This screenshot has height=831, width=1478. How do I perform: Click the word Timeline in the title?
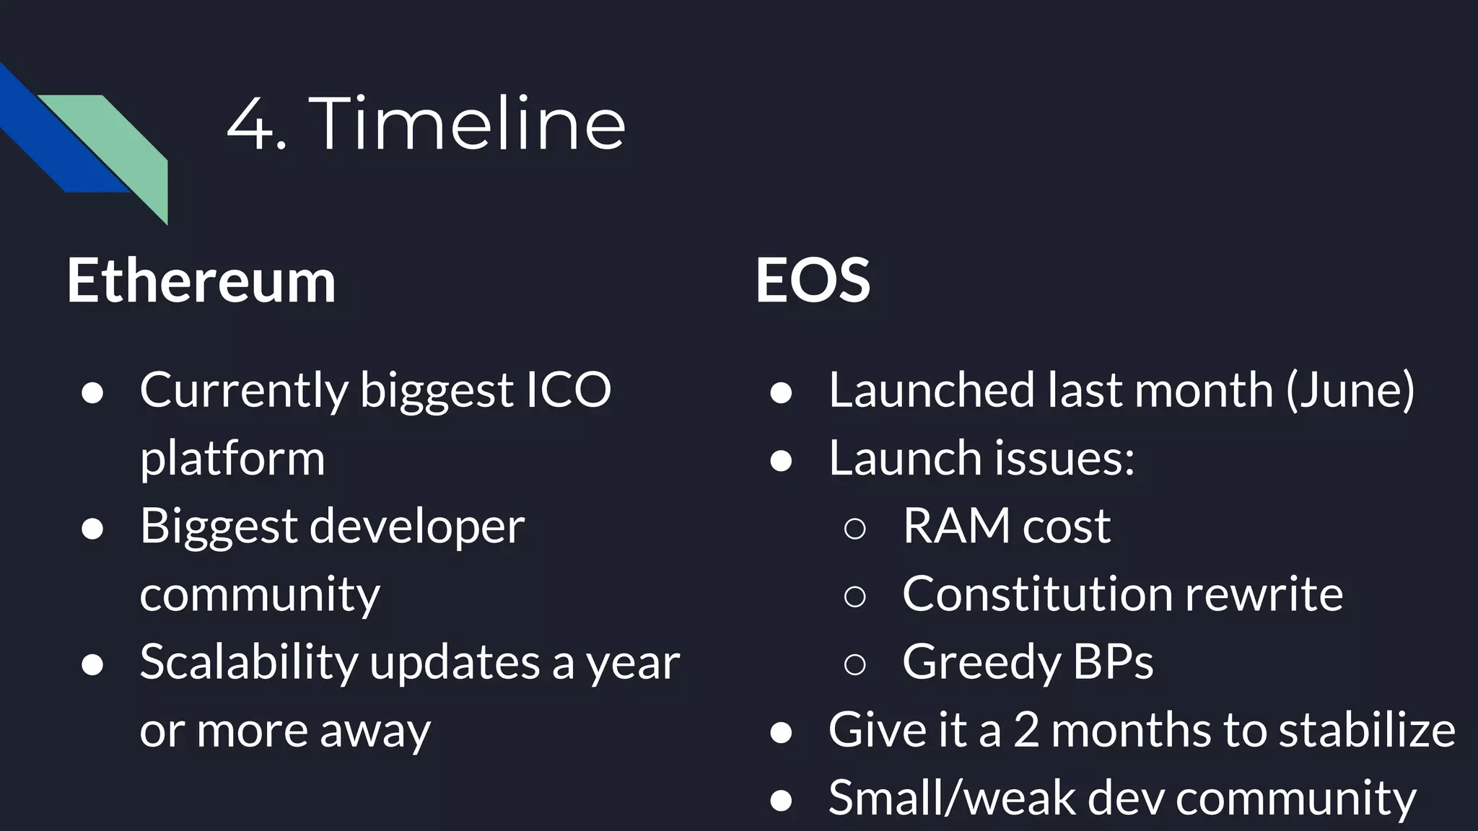(467, 124)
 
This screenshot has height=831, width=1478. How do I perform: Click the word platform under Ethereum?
(232, 460)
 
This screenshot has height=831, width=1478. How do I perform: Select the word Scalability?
(248, 662)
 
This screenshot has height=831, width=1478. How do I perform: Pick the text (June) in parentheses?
(1350, 390)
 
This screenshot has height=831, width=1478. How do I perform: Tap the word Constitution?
(1038, 594)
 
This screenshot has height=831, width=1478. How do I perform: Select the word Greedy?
(980, 662)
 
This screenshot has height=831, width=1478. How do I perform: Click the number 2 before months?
(1026, 730)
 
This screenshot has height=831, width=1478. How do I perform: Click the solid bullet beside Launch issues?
(781, 460)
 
